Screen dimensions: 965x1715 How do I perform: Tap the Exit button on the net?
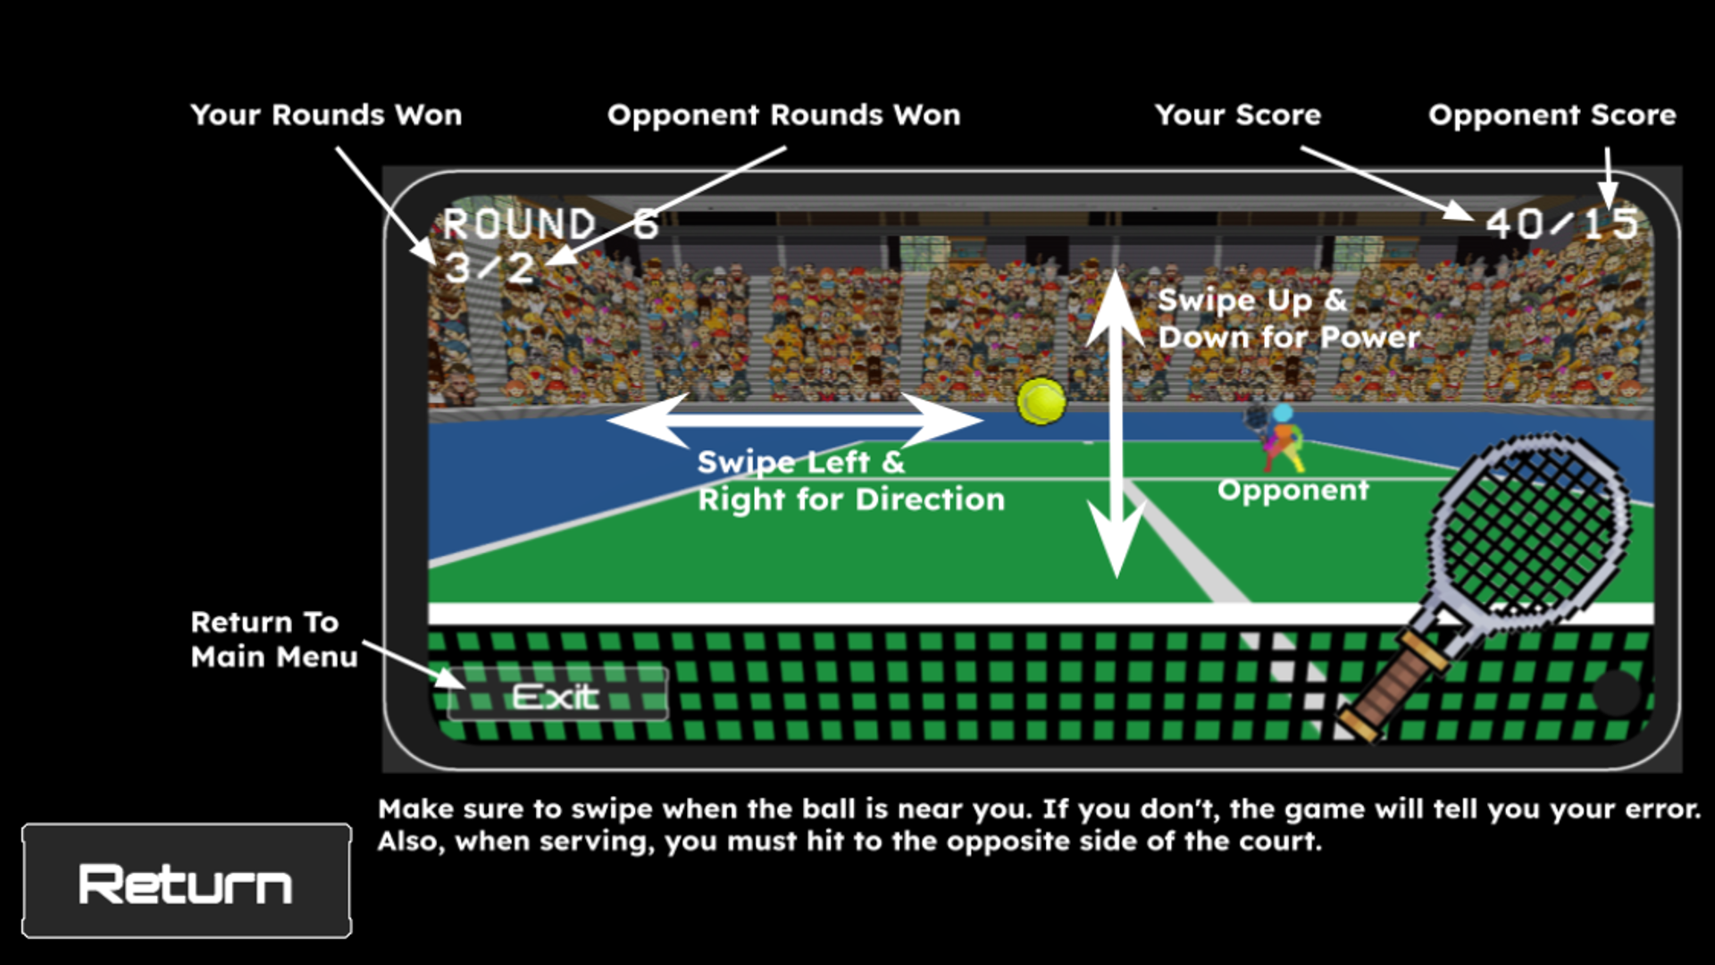click(x=556, y=696)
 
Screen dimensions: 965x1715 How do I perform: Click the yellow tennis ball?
click(x=1042, y=400)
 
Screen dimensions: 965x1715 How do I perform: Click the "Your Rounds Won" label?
click(x=326, y=115)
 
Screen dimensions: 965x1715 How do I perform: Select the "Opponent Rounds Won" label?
click(x=783, y=115)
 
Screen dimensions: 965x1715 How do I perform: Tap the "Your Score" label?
click(x=1237, y=115)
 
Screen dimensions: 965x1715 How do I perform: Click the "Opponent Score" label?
click(x=1552, y=115)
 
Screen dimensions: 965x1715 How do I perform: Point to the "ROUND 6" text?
click(x=550, y=224)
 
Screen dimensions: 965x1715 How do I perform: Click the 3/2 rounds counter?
click(x=489, y=268)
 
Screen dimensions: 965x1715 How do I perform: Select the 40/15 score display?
click(x=1561, y=224)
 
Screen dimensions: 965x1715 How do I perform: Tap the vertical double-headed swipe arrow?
click(x=1116, y=424)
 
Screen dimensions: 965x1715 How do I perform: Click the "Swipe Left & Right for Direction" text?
click(x=850, y=481)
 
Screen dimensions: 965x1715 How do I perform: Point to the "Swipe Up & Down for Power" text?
click(x=1288, y=319)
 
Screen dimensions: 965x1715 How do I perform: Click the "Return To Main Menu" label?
click(x=273, y=640)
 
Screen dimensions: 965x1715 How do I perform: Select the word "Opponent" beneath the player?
click(x=1293, y=491)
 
